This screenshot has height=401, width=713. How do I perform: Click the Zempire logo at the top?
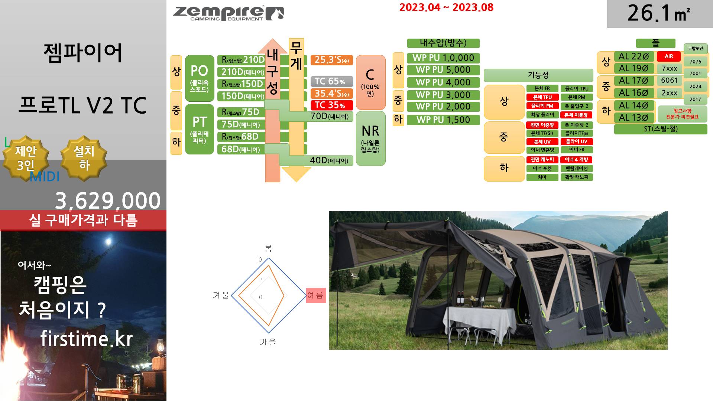(x=228, y=14)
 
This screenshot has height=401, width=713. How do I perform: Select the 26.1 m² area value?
(x=659, y=14)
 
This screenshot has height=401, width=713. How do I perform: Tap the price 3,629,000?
(x=107, y=200)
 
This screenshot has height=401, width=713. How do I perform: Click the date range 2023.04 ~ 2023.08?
(x=446, y=7)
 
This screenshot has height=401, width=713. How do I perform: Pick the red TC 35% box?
(x=331, y=105)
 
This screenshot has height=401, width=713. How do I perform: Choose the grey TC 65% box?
(x=331, y=81)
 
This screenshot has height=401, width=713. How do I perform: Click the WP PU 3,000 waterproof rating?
(x=443, y=95)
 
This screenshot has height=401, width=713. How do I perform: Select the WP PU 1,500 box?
(x=443, y=120)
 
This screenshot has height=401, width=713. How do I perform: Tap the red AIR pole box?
(x=668, y=56)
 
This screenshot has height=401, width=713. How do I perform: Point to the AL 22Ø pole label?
(x=633, y=56)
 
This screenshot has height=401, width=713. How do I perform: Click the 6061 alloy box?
(x=669, y=81)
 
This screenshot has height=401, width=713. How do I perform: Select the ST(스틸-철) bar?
(x=660, y=129)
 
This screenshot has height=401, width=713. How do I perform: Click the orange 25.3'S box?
(x=331, y=60)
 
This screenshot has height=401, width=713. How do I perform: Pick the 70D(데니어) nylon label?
(x=329, y=117)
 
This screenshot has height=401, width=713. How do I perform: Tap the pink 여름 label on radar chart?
(x=316, y=295)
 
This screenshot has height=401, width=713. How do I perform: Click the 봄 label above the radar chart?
(x=268, y=248)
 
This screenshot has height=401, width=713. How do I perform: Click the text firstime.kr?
(x=86, y=338)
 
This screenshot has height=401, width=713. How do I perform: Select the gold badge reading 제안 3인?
(x=26, y=158)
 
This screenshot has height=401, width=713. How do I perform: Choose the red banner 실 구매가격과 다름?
(x=83, y=220)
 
